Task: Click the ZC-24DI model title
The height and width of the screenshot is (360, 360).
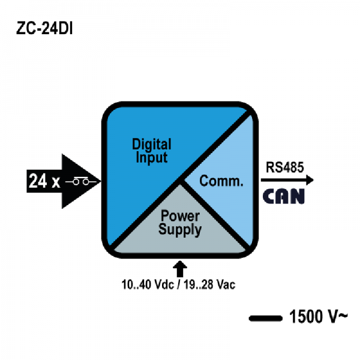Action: (x=44, y=28)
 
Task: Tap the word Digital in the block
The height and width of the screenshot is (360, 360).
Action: (x=152, y=145)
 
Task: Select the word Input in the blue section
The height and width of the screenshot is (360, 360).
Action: (x=152, y=158)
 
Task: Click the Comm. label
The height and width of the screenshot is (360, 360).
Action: (x=221, y=181)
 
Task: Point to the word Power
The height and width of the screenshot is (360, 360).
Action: (x=180, y=216)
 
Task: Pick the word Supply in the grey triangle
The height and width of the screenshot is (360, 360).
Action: (x=180, y=230)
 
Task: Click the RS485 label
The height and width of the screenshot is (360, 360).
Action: (x=284, y=167)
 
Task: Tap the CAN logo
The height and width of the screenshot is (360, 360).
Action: (x=284, y=196)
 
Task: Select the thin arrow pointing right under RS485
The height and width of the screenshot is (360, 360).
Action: (x=287, y=180)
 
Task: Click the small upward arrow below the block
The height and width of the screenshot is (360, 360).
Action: (x=180, y=269)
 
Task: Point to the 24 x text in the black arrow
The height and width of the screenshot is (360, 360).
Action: (x=44, y=181)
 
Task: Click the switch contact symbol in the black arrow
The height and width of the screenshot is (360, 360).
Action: (x=81, y=181)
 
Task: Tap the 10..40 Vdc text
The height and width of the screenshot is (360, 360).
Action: (x=148, y=284)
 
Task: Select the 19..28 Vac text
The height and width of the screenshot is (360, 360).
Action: (x=209, y=284)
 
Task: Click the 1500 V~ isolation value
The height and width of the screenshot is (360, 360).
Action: (x=319, y=317)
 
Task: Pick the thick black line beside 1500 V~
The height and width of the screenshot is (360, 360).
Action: (x=266, y=318)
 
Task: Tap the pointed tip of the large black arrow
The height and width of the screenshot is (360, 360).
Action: (x=101, y=181)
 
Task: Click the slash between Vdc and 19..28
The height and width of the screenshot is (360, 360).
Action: (x=179, y=284)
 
